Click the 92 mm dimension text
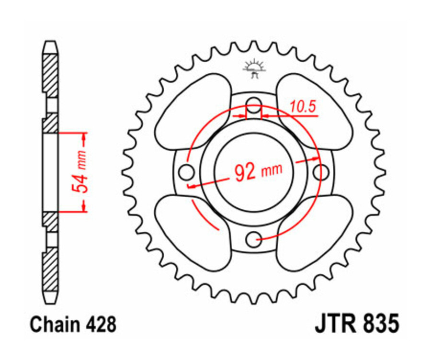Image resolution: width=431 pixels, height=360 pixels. [259, 171]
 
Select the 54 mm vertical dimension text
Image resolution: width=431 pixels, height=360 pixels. [81, 171]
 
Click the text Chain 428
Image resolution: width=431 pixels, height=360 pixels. [73, 325]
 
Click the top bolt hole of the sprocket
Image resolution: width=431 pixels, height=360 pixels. [254, 104]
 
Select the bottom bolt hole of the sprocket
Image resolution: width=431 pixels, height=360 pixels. [254, 238]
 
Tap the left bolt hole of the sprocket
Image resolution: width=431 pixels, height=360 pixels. [186, 171]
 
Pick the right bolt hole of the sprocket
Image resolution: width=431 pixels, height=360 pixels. [321, 171]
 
